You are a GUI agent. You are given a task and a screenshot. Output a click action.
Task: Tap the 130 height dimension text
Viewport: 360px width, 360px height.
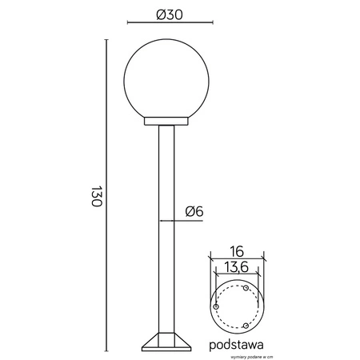tap(95, 197)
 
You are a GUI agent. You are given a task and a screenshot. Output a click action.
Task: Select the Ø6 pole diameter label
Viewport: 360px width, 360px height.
tap(195, 211)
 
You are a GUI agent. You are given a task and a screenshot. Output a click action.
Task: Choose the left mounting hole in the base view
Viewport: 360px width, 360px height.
tap(217, 305)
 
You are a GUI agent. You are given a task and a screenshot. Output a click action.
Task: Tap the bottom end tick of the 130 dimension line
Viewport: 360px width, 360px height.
tap(107, 352)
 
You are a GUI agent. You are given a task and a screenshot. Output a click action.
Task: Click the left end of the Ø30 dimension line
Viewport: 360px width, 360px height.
tap(129, 24)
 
